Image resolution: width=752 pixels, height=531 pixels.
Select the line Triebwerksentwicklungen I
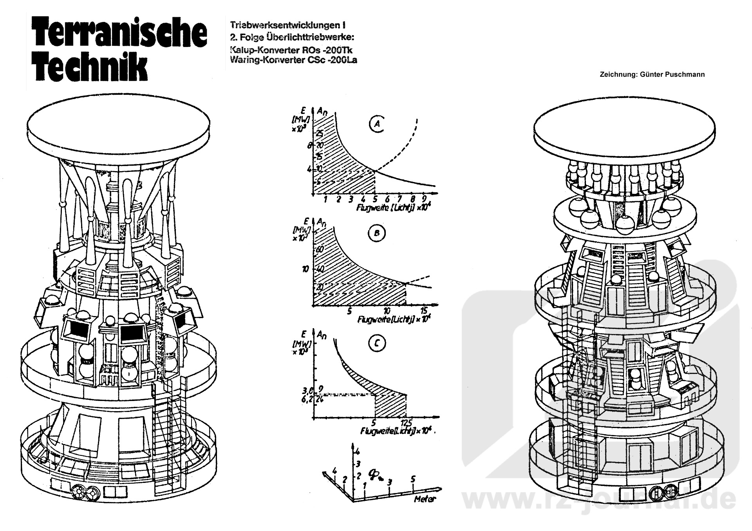tap(288, 25)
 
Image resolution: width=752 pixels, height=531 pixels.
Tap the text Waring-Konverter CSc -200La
tap(294, 60)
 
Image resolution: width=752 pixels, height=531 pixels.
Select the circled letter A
tap(377, 124)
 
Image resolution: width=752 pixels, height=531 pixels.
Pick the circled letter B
tap(377, 233)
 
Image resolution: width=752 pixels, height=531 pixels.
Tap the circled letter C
tap(377, 343)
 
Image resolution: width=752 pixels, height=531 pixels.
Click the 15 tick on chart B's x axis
tap(424, 311)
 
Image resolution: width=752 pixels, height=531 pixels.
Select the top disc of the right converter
tap(625, 129)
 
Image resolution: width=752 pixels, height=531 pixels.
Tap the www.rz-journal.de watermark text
tap(599, 501)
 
